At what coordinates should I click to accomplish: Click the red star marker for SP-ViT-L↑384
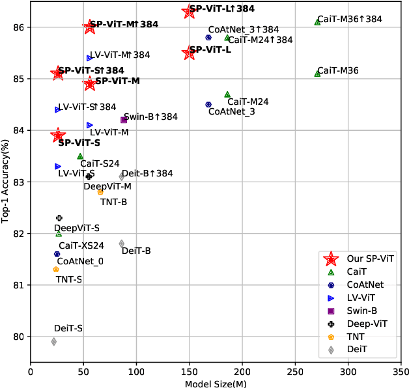click(190, 11)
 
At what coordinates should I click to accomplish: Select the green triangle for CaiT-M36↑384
click(317, 21)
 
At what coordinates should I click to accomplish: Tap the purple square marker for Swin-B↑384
click(124, 119)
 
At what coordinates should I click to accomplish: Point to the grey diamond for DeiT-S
click(54, 341)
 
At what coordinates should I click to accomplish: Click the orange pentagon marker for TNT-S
click(56, 269)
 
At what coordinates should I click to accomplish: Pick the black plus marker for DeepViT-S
click(59, 218)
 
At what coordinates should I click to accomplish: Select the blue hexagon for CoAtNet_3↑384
click(208, 37)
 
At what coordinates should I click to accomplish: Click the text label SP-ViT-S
click(79, 143)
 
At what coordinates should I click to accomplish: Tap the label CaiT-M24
click(248, 102)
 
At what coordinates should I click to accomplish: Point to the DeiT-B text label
click(136, 251)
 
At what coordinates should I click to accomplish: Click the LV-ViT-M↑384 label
click(120, 55)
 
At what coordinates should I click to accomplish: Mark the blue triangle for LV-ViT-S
click(58, 167)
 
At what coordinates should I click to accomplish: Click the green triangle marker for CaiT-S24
click(80, 156)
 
